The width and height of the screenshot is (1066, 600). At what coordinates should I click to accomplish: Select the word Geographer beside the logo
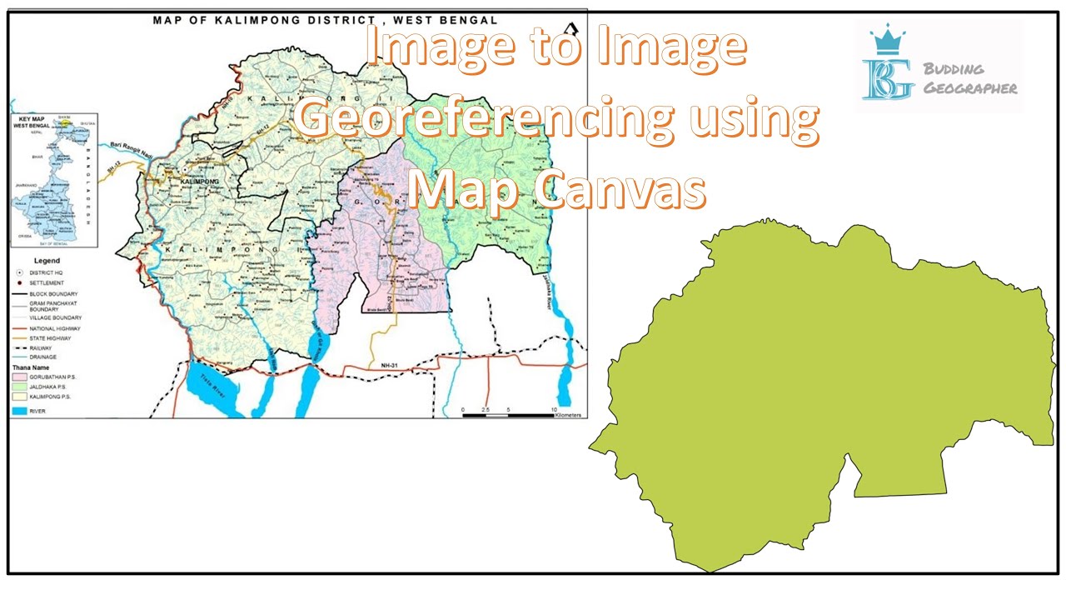(970, 87)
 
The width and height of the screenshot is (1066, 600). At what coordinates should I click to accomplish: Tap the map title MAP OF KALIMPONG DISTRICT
(325, 18)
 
